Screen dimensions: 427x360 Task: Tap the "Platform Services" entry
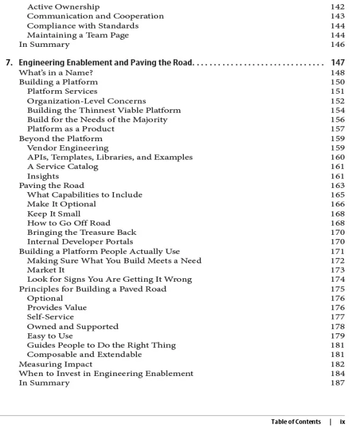click(x=62, y=91)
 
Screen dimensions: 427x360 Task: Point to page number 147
click(x=336, y=62)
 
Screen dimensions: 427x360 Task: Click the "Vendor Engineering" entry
click(x=68, y=148)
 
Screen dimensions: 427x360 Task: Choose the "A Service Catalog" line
click(x=62, y=167)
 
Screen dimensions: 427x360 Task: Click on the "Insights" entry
click(x=43, y=176)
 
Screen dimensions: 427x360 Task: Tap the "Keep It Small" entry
click(x=53, y=213)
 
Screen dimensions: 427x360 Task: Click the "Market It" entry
click(x=46, y=270)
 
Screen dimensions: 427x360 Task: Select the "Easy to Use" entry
click(x=50, y=336)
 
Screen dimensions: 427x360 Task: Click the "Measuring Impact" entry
click(x=56, y=364)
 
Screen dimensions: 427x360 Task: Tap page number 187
click(x=336, y=383)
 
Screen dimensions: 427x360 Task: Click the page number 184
click(x=336, y=374)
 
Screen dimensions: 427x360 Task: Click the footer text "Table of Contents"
click(x=296, y=422)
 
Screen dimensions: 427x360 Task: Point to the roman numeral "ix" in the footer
click(x=342, y=422)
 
